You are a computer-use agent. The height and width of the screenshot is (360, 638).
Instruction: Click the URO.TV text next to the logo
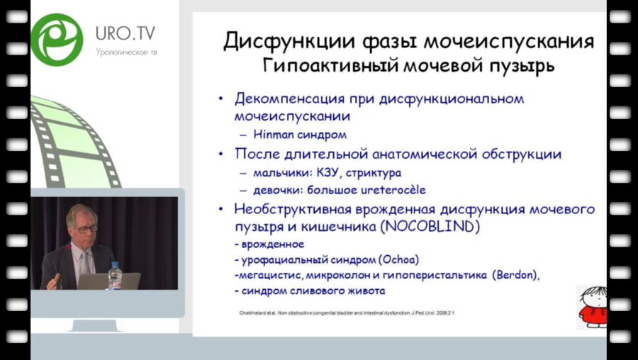pos(125,33)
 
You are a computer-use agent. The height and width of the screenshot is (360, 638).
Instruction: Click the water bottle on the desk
pos(114,276)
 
